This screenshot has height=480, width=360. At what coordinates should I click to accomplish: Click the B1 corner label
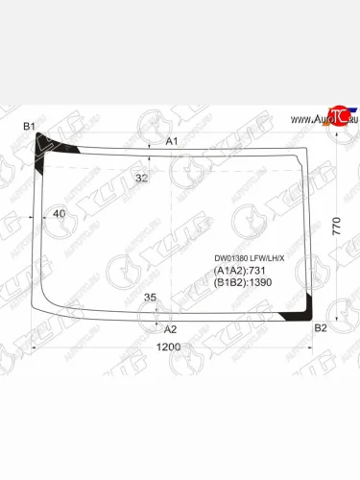[x=29, y=128]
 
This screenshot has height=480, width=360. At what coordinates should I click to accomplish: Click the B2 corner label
[x=321, y=328]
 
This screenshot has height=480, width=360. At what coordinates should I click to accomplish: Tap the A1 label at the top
[x=173, y=142]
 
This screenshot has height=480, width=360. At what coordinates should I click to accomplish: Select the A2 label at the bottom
[x=171, y=328]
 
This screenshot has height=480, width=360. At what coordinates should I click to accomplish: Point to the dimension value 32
[x=141, y=178]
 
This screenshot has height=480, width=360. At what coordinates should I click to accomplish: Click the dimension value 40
[x=60, y=213]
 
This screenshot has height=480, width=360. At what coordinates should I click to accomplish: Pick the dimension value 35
[x=150, y=299]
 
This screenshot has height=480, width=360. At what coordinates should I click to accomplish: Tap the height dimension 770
[x=336, y=227]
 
